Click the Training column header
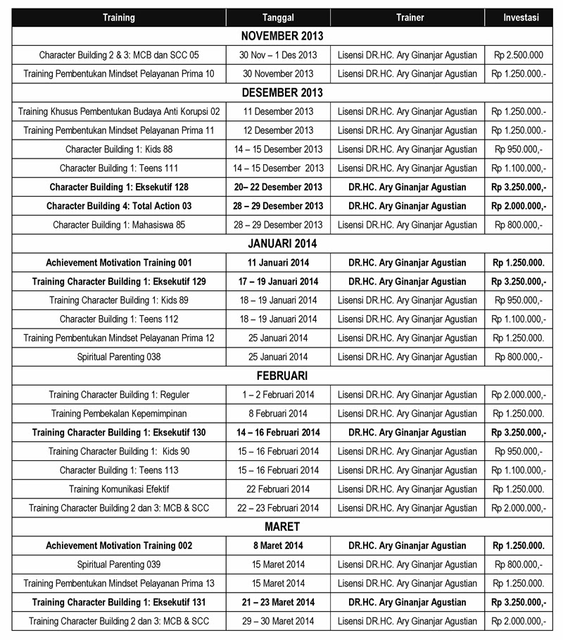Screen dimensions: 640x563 118,18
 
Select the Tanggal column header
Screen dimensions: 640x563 278,18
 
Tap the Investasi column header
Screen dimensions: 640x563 521,18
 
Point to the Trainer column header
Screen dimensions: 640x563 407,18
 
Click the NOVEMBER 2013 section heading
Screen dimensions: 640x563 281,36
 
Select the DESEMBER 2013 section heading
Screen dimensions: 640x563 281,92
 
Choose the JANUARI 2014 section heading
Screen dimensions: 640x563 281,243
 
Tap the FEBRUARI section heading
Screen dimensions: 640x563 281,376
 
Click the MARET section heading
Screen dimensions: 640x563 281,527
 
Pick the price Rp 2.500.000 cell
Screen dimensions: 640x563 519,55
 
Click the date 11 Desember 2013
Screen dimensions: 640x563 278,111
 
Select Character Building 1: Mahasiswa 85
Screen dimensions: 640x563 118,225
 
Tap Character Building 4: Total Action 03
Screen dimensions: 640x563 118,206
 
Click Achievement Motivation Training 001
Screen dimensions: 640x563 118,262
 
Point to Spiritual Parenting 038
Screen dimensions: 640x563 118,357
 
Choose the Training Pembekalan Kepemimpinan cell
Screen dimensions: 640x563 118,413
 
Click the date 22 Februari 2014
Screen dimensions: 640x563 278,488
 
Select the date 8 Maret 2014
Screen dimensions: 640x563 278,546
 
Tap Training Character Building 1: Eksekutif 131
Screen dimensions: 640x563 118,602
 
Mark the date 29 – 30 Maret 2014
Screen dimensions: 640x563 278,621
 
